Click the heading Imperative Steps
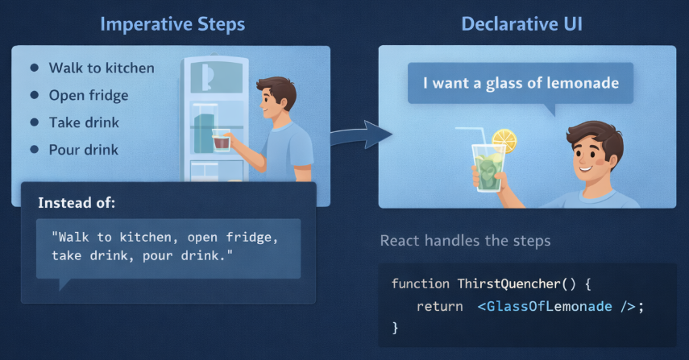172,24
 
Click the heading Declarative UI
522,23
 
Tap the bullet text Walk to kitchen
102,68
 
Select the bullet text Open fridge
89,95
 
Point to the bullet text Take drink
84,122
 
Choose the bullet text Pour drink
84,150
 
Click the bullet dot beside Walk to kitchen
35,68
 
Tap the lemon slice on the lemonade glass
504,140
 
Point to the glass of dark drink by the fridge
221,140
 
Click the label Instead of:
77,203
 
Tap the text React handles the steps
465,241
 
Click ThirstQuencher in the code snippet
509,284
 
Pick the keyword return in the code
440,306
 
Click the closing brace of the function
395,328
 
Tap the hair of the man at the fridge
277,89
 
